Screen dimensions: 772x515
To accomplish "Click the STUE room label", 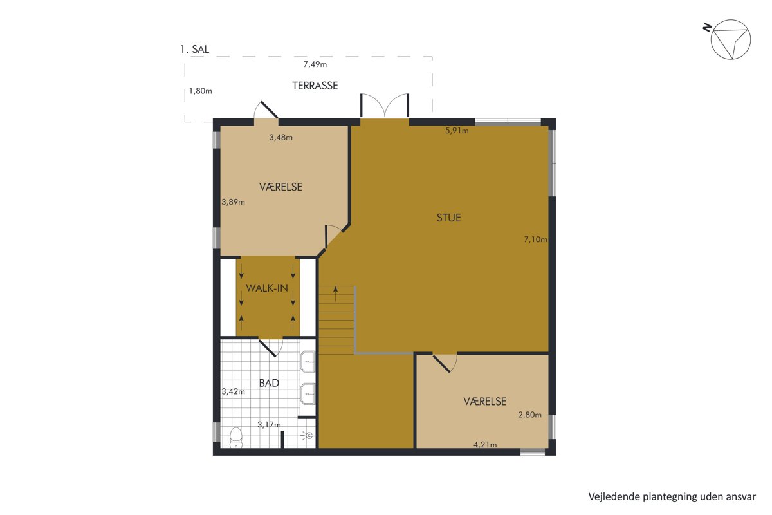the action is (449, 218).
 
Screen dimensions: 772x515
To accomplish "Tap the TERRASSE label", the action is (315, 86).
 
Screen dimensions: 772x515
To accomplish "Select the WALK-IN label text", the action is (267, 288).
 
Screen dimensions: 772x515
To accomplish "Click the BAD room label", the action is (269, 383).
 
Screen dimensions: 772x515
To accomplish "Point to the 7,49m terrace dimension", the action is (315, 64).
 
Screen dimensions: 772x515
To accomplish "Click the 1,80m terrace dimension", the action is (201, 91).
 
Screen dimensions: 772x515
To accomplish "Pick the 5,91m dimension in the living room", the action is (457, 131).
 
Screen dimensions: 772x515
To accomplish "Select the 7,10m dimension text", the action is (535, 239).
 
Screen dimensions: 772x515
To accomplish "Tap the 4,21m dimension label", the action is (485, 445).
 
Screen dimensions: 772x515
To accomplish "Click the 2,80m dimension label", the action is (529, 415).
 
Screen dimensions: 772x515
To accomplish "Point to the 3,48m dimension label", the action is (281, 137).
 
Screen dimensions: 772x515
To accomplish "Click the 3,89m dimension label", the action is (234, 202).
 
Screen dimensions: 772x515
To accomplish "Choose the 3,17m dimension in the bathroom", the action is (269, 425).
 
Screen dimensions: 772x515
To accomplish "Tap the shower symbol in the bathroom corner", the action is (309, 436).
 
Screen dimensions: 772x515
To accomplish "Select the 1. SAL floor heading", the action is (194, 50).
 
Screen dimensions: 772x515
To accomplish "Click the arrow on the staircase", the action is (335, 294).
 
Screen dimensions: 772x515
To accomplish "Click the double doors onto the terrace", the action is (385, 105).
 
